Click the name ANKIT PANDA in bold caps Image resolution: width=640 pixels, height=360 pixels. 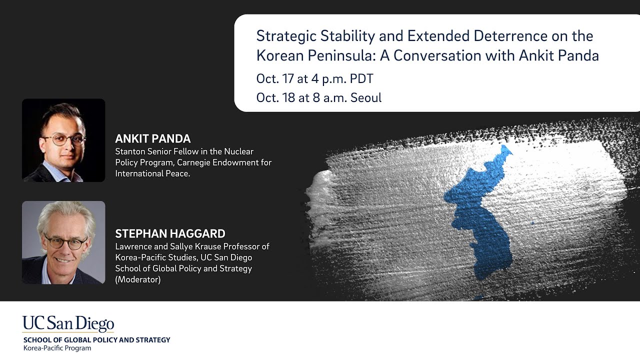tap(153, 138)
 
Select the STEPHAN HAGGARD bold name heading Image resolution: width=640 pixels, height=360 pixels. tap(170, 233)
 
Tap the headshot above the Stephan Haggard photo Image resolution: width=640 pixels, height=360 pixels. tap(63, 140)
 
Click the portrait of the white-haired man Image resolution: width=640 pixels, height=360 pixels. tap(63, 242)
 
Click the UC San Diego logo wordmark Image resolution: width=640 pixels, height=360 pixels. tap(68, 323)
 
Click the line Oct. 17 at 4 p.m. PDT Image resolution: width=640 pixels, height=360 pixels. tap(315, 79)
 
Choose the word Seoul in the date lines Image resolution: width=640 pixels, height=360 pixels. tap(366, 97)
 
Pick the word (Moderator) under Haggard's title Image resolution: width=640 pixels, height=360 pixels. tap(138, 279)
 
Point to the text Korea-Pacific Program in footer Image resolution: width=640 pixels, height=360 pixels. tap(57, 348)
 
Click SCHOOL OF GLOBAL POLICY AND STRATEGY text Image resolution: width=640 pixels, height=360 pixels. tap(97, 340)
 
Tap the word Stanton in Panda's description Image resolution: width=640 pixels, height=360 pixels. tap(130, 151)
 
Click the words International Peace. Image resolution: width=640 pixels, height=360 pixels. tap(152, 173)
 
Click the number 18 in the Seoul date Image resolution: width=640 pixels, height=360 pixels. tap(288, 97)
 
